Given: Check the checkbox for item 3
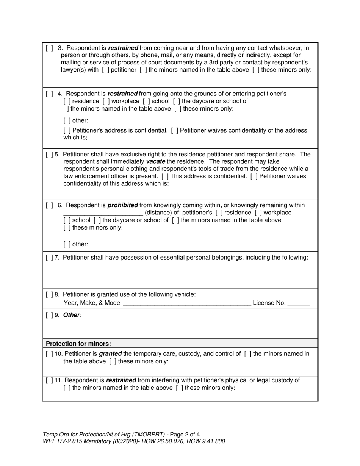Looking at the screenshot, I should coord(49,48).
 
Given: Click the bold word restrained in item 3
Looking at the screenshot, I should coord(123,48).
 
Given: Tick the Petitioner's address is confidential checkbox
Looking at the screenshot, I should coord(67,131).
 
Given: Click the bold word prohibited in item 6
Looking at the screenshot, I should coord(123,205).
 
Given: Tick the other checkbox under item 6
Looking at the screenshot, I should coord(67,244).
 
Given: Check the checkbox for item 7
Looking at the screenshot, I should coord(49,258).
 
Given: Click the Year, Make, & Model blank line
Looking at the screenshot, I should coord(187,303).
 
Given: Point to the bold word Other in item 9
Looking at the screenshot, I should coord(71,315).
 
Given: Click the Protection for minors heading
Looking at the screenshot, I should coord(78,344).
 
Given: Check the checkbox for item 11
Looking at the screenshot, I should coord(49,380).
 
